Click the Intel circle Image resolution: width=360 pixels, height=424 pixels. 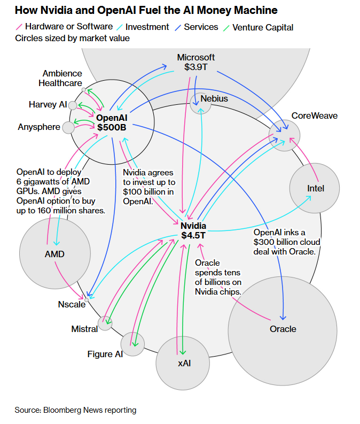[315, 188]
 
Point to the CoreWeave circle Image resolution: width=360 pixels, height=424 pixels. [284, 134]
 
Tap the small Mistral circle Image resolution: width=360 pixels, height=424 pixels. [106, 323]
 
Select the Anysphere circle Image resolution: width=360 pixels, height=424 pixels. [68, 127]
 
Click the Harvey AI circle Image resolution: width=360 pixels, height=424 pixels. [73, 105]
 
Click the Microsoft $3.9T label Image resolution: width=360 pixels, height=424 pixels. [195, 62]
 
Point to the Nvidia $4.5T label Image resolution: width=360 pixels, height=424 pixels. [193, 230]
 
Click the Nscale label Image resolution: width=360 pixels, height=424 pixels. [72, 304]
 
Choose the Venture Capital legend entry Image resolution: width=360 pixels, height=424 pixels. [259, 27]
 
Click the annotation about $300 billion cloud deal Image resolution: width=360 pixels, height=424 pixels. [287, 242]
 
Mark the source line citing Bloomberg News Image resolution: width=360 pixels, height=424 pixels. [75, 410]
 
